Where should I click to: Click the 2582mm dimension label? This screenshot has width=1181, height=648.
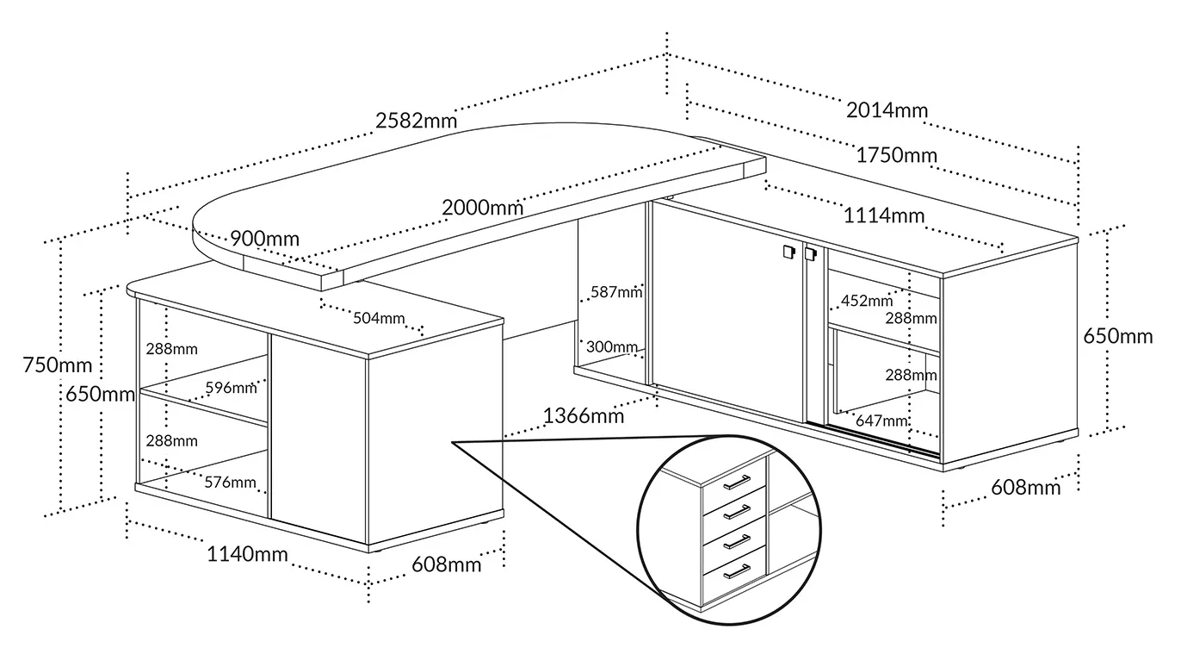pyautogui.click(x=416, y=121)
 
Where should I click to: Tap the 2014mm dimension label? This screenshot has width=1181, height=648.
pyautogui.click(x=887, y=110)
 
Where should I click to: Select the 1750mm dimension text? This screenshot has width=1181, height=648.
pyautogui.click(x=896, y=155)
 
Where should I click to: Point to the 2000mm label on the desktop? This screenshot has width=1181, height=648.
pyautogui.click(x=482, y=208)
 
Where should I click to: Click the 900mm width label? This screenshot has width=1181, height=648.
pyautogui.click(x=264, y=239)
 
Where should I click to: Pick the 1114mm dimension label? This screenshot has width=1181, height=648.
pyautogui.click(x=884, y=215)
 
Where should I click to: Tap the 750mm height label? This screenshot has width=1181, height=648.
pyautogui.click(x=58, y=365)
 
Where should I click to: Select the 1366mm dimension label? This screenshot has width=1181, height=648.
pyautogui.click(x=584, y=416)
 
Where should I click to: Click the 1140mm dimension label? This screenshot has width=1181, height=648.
pyautogui.click(x=247, y=554)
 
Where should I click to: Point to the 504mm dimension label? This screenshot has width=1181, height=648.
pyautogui.click(x=379, y=318)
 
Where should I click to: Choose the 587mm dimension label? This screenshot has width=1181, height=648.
pyautogui.click(x=616, y=292)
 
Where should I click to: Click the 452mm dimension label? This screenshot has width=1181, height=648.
pyautogui.click(x=867, y=301)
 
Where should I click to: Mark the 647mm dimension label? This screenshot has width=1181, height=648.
pyautogui.click(x=881, y=421)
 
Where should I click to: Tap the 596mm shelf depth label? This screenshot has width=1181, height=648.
pyautogui.click(x=231, y=388)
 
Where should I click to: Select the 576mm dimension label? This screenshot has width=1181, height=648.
pyautogui.click(x=231, y=483)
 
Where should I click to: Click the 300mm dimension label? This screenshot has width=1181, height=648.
pyautogui.click(x=612, y=346)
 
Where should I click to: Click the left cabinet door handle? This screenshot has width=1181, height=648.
pyautogui.click(x=788, y=252)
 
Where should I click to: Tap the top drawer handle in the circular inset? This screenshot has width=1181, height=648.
pyautogui.click(x=737, y=482)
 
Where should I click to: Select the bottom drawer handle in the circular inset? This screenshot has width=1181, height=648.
pyautogui.click(x=737, y=571)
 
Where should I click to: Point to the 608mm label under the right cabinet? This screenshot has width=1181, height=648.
pyautogui.click(x=1026, y=488)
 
